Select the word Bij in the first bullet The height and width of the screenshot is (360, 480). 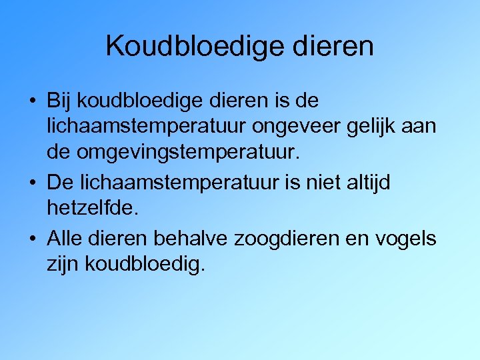(59, 102)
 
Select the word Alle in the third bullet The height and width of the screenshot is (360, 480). (63, 239)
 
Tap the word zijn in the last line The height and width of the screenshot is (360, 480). (61, 263)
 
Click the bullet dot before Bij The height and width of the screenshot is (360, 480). (32, 103)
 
